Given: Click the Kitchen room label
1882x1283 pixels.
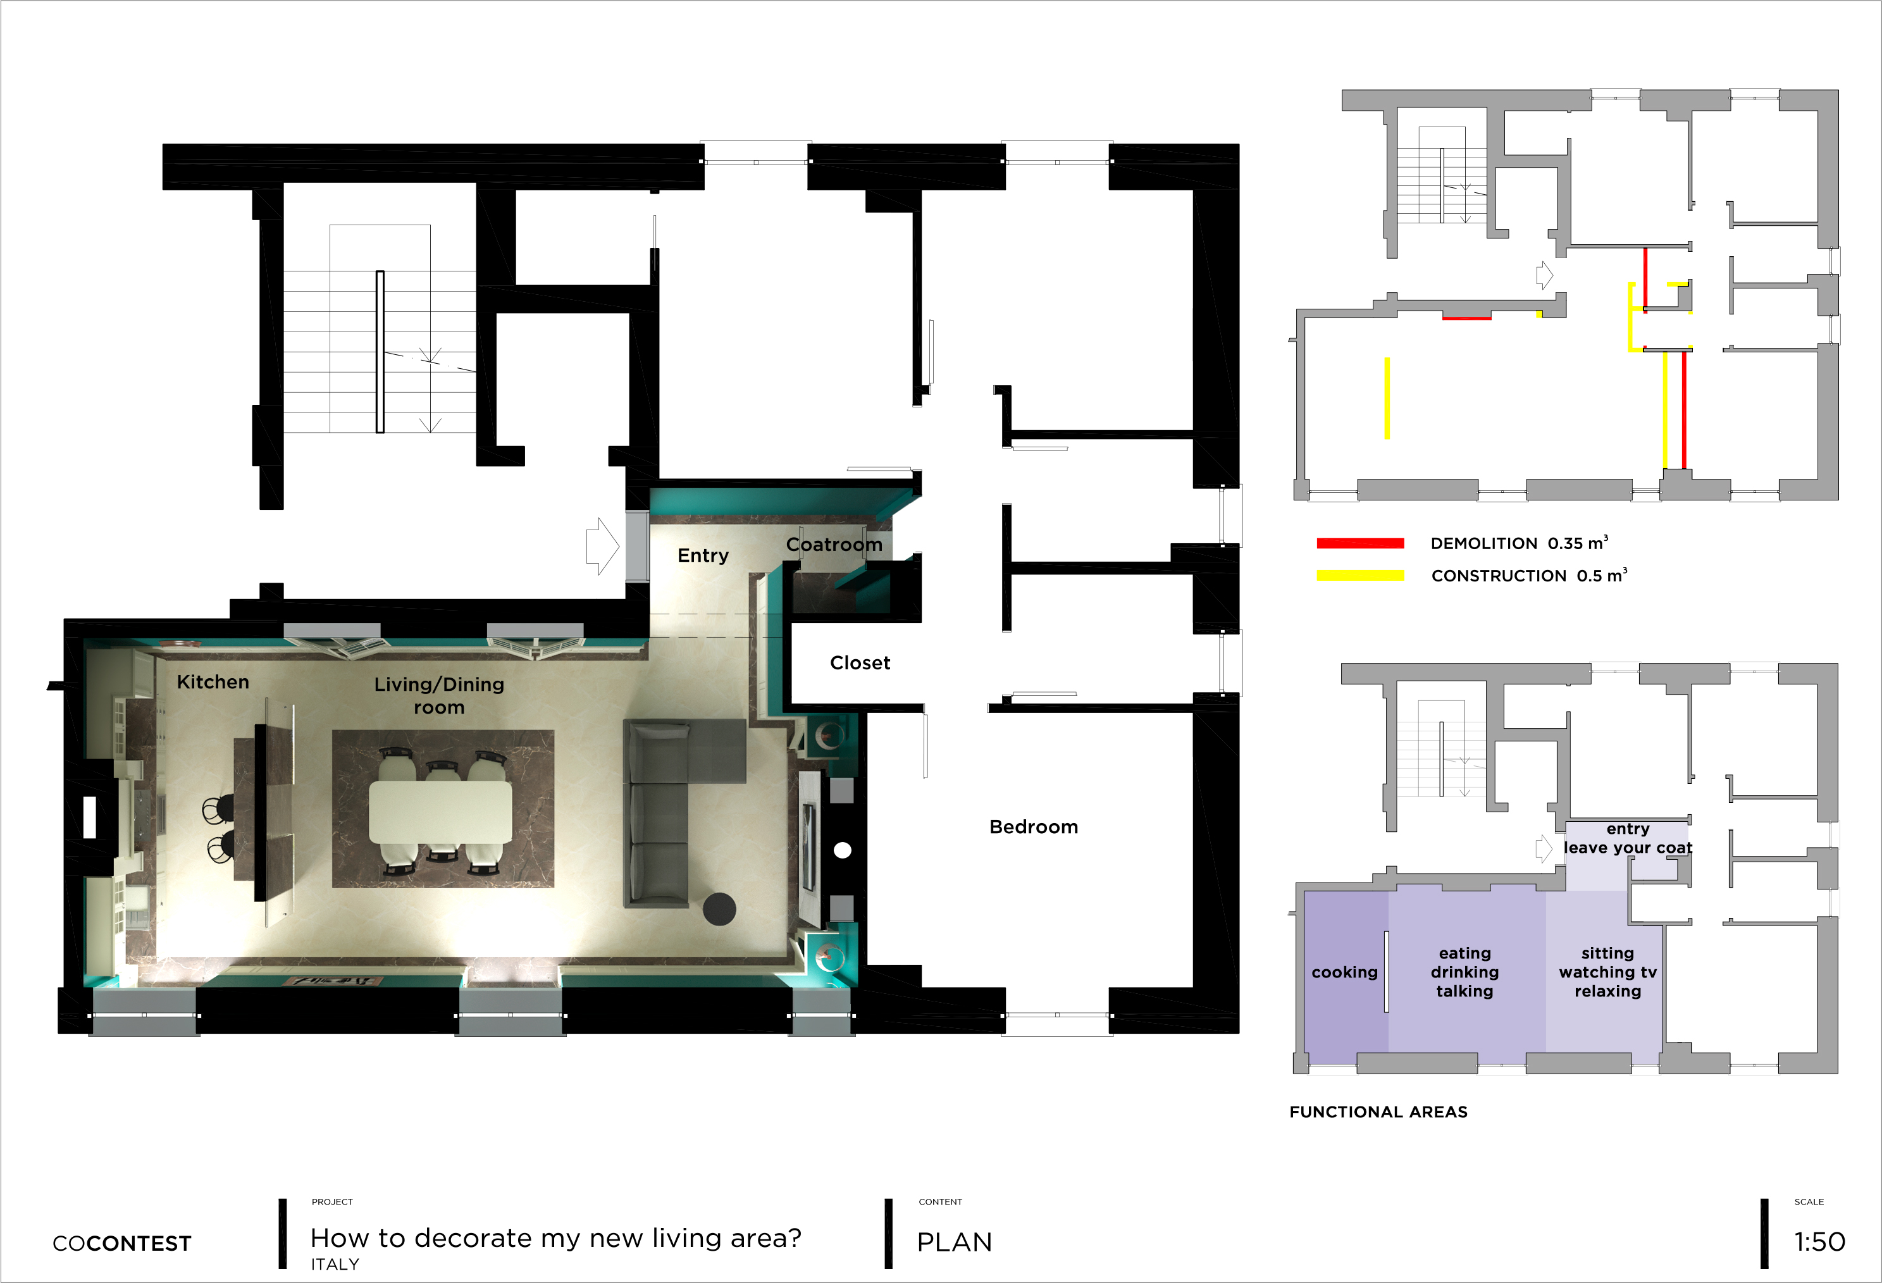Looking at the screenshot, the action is (x=213, y=682).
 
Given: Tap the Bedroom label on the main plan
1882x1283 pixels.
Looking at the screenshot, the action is (x=1033, y=827).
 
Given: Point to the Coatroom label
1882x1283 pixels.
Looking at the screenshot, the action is (x=834, y=544).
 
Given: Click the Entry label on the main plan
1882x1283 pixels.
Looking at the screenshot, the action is (x=703, y=555).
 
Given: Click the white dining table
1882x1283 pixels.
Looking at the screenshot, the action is (x=440, y=812).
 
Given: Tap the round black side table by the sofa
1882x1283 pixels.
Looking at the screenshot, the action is (x=719, y=908).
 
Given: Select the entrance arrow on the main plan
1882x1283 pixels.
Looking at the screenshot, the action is (x=602, y=546).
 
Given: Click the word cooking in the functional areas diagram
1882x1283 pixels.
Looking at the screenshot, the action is (x=1344, y=972).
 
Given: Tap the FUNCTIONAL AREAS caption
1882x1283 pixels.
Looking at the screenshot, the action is (x=1378, y=1112).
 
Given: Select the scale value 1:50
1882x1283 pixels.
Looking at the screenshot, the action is (x=1819, y=1242).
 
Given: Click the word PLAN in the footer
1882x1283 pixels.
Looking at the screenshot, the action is (x=954, y=1243).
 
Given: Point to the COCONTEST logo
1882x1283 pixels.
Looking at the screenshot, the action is (x=122, y=1243).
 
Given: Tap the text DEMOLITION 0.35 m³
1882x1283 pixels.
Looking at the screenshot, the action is (x=1520, y=543).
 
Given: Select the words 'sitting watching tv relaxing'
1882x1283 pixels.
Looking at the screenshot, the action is (x=1607, y=972).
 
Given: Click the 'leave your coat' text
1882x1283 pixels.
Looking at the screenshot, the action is (x=1628, y=848).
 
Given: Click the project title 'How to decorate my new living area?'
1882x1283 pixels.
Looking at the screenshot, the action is (x=555, y=1239).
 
